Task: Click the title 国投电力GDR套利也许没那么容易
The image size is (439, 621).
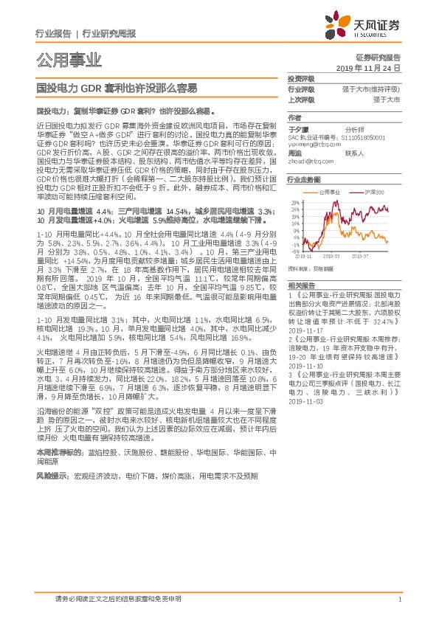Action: (117, 87)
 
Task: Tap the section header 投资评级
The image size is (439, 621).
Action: (300, 79)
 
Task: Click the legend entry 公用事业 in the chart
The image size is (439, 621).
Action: (328, 190)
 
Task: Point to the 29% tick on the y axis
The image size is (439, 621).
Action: (295, 202)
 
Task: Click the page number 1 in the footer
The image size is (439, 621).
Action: (399, 598)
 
